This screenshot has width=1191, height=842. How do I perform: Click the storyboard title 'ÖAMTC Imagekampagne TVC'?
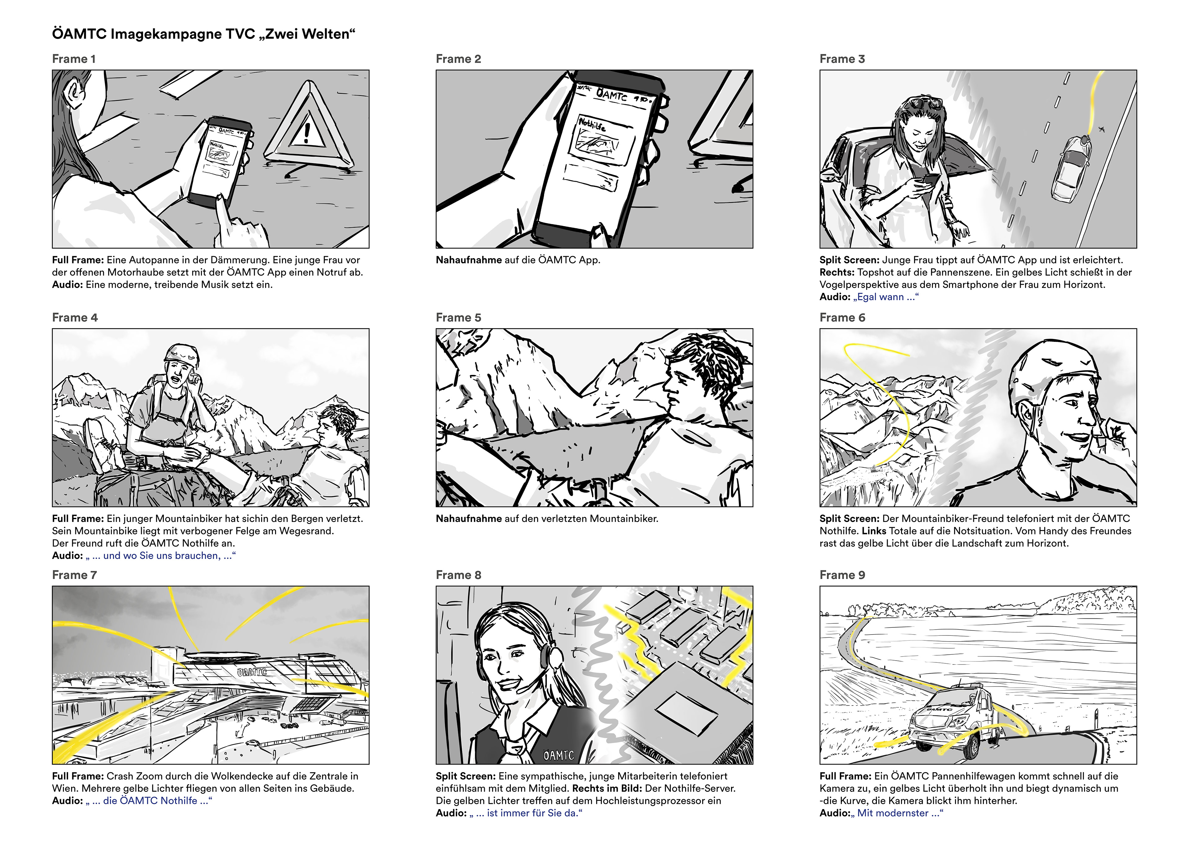coord(154,34)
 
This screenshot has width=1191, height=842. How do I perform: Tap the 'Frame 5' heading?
coord(458,318)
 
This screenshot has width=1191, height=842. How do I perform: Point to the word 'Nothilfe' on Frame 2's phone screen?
coord(592,124)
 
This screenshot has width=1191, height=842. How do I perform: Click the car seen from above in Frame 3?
coord(1071,169)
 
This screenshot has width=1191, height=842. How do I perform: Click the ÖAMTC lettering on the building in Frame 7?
coord(252,672)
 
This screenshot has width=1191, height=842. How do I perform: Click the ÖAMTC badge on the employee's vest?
coord(559,755)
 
